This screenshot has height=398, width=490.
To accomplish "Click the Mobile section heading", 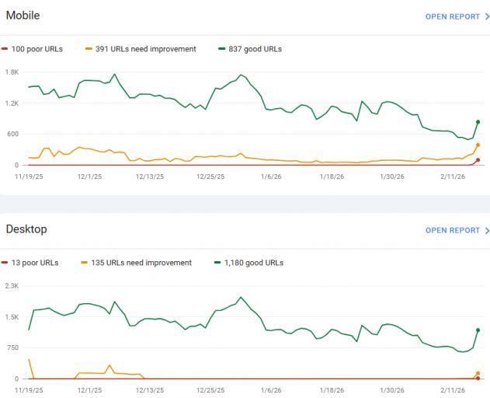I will click(x=23, y=15).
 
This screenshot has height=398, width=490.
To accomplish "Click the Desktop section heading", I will click(x=26, y=229).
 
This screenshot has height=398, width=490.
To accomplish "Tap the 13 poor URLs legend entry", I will click(x=35, y=263).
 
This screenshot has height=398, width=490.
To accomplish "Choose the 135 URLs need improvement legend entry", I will click(x=143, y=263).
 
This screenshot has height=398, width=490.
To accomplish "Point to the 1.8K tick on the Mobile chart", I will click(x=12, y=72).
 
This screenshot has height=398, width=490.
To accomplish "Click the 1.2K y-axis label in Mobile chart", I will click(x=12, y=103).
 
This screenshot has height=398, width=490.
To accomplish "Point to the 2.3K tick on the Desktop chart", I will click(x=12, y=286).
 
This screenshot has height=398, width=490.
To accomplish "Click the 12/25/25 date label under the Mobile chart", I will click(x=210, y=176).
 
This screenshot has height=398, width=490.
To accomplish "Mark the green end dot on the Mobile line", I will click(x=478, y=122).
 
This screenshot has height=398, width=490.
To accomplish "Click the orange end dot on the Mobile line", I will click(x=478, y=145).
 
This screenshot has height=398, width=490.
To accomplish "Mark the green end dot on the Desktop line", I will click(x=478, y=330).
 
